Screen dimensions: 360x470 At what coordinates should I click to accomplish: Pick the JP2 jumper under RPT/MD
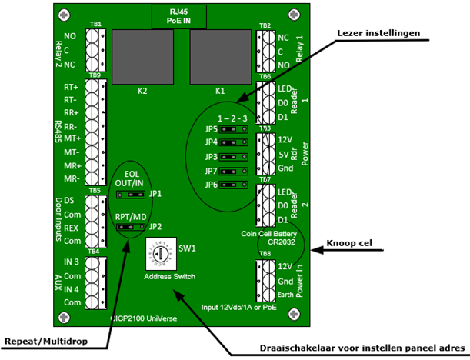pyautogui.click(x=130, y=228)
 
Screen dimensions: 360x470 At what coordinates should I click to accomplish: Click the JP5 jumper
pyautogui.click(x=228, y=129)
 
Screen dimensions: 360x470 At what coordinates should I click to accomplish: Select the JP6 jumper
pyautogui.click(x=228, y=185)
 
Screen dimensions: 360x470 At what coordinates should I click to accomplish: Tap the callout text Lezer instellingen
pyautogui.click(x=378, y=32)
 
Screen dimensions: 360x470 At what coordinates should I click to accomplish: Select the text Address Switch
pyautogui.click(x=169, y=275)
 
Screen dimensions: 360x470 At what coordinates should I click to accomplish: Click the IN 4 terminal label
pyautogui.click(x=71, y=289)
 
